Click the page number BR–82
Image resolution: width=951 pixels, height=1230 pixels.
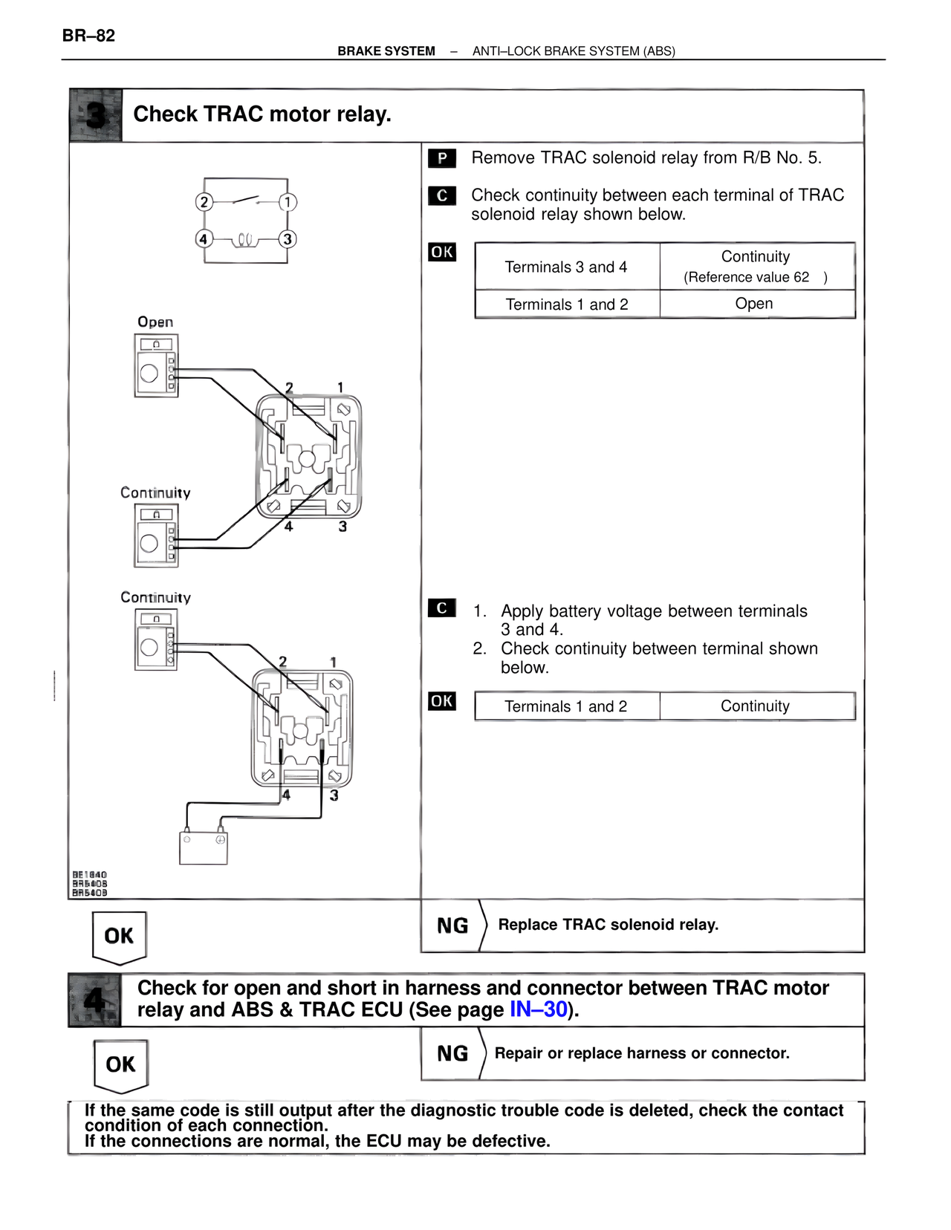pyautogui.click(x=88, y=36)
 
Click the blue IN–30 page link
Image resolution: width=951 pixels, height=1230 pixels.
pyautogui.click(x=538, y=1010)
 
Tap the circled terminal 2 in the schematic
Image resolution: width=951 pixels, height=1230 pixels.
pyautogui.click(x=204, y=202)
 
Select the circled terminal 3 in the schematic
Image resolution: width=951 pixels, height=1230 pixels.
pyautogui.click(x=287, y=239)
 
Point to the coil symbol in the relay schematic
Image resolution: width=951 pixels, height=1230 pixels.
pyautogui.click(x=245, y=240)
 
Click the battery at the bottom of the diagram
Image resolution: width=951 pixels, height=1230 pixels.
pyautogui.click(x=204, y=847)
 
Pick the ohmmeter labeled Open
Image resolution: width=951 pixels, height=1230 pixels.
pyautogui.click(x=156, y=365)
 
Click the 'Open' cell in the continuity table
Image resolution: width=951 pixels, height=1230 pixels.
pyautogui.click(x=754, y=304)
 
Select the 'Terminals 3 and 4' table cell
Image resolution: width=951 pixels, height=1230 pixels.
pyautogui.click(x=566, y=267)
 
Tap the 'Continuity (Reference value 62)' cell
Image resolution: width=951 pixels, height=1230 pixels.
pyautogui.click(x=756, y=266)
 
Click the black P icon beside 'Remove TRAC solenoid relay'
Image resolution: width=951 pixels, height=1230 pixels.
pyautogui.click(x=442, y=158)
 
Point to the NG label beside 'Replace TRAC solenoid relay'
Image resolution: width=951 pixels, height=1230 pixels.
pyautogui.click(x=452, y=926)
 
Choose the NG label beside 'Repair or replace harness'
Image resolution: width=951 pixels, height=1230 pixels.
pyautogui.click(x=452, y=1054)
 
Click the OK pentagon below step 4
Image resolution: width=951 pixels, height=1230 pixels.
pyautogui.click(x=120, y=1065)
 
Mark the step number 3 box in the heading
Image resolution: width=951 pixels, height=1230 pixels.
pyautogui.click(x=96, y=115)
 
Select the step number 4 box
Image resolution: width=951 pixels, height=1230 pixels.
pyautogui.click(x=94, y=1000)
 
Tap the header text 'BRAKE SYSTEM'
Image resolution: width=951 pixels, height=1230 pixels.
pyautogui.click(x=386, y=51)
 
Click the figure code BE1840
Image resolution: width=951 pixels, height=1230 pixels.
pyautogui.click(x=89, y=875)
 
